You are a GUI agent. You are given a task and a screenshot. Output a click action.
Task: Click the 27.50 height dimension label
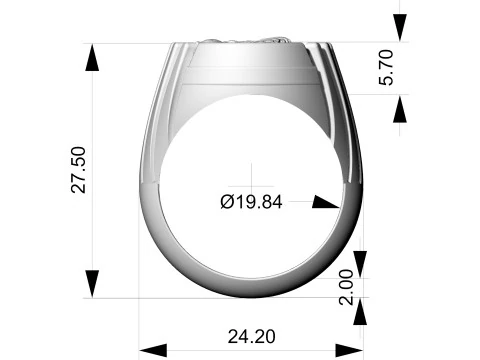click(79, 170)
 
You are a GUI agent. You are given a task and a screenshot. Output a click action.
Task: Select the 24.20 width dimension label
click(252, 337)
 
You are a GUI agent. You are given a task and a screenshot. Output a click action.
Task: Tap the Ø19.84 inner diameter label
click(251, 202)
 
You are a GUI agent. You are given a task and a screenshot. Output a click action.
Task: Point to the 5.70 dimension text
click(387, 68)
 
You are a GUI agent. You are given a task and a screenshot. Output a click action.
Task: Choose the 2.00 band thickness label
click(346, 287)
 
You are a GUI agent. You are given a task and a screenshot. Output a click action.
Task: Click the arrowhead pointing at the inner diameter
click(325, 202)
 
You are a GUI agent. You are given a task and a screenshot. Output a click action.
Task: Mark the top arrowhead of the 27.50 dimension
click(92, 58)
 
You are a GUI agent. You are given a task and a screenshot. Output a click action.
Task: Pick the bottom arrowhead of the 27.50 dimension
click(92, 284)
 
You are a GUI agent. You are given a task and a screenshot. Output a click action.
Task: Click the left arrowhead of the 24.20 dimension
click(153, 350)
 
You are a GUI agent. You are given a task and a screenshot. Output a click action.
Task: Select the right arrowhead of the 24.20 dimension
click(349, 350)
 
